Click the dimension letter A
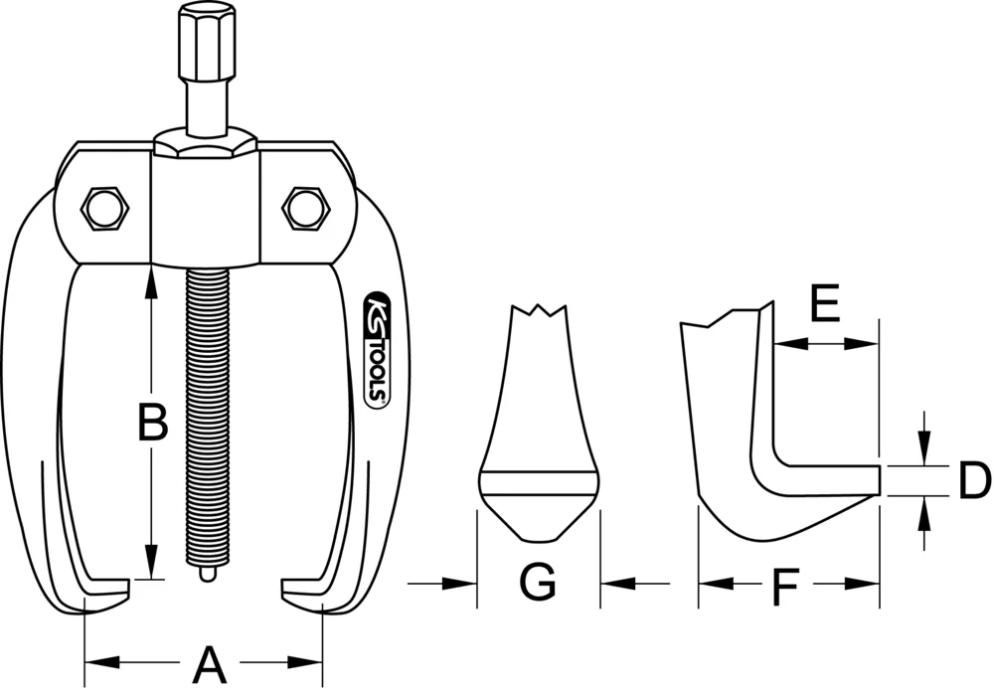[x=208, y=663]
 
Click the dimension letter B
[x=150, y=423]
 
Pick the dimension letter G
[x=538, y=583]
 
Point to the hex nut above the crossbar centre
[x=206, y=144]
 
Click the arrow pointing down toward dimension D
[x=925, y=447]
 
